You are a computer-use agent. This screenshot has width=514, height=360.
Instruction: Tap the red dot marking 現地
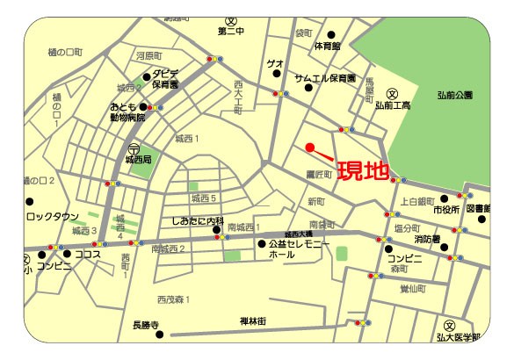click(x=308, y=147)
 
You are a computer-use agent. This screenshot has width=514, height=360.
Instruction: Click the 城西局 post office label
click(x=139, y=161)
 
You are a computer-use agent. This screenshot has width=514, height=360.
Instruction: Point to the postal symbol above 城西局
click(x=134, y=148)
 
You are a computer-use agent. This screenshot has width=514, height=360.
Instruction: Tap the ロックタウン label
click(x=53, y=215)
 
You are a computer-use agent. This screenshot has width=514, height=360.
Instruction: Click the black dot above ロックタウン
click(x=30, y=202)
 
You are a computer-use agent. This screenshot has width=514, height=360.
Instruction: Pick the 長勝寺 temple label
click(x=144, y=326)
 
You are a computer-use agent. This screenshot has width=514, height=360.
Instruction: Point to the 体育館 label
click(x=327, y=46)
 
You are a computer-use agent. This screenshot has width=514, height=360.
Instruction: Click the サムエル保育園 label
click(x=324, y=77)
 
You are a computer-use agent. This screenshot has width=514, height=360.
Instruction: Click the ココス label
click(x=88, y=255)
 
